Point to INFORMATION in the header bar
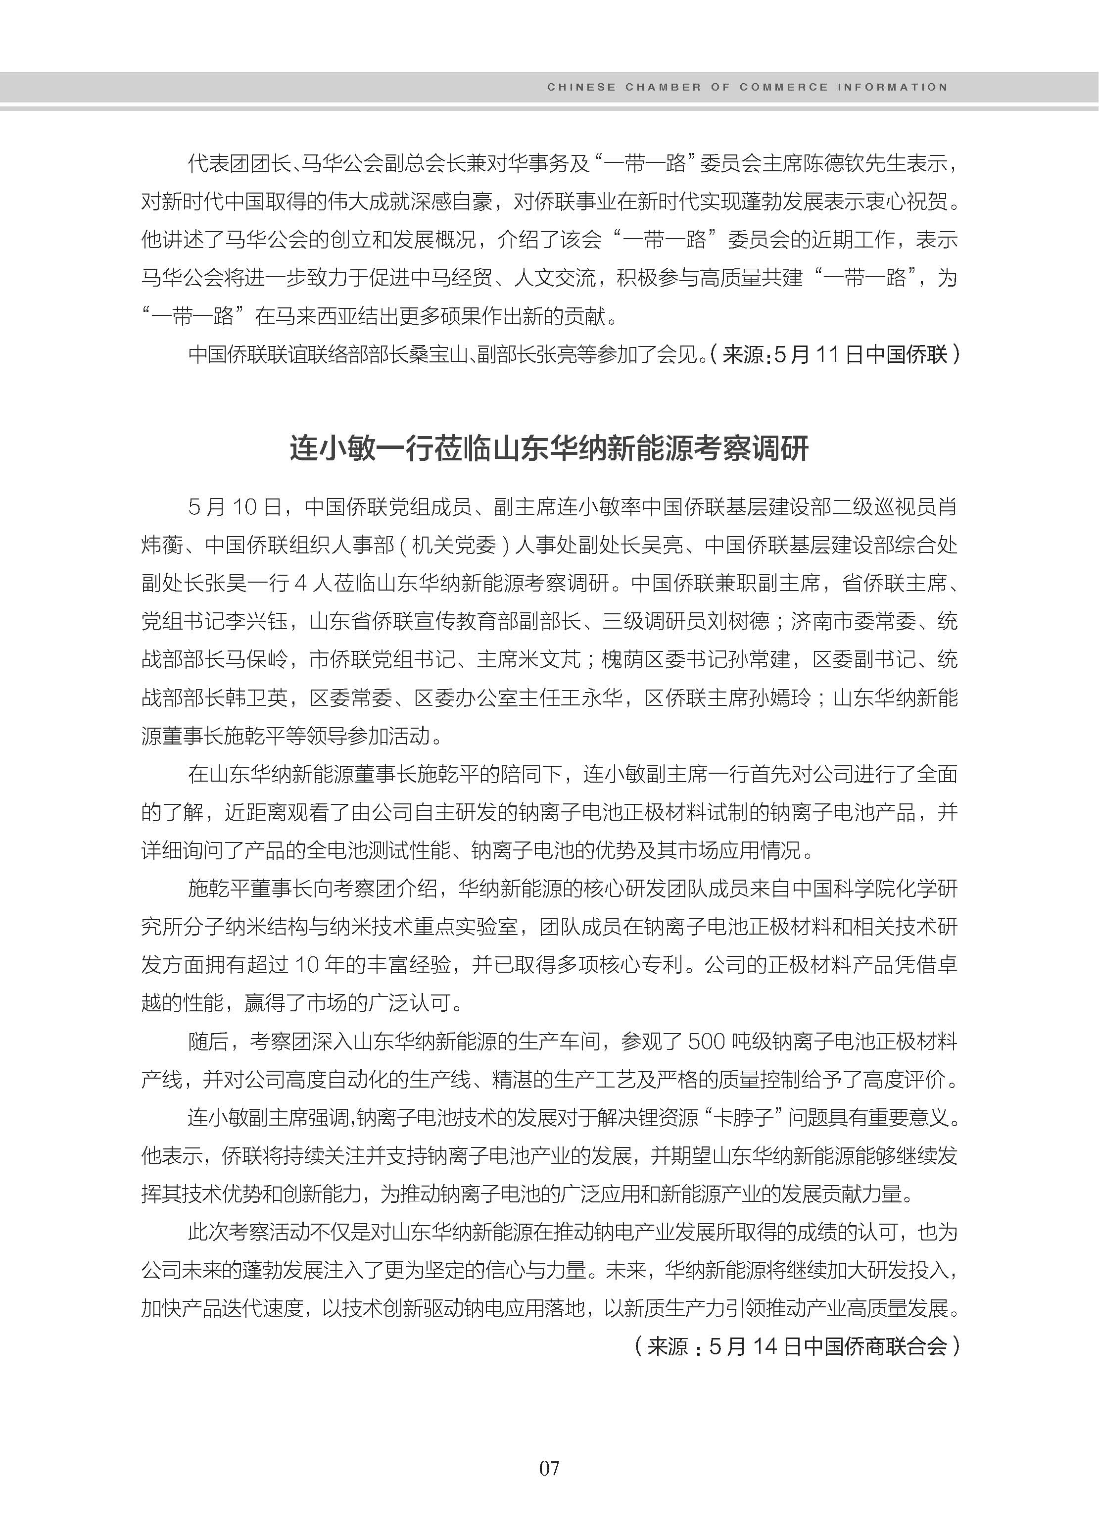[893, 87]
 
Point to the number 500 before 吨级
[706, 1042]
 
